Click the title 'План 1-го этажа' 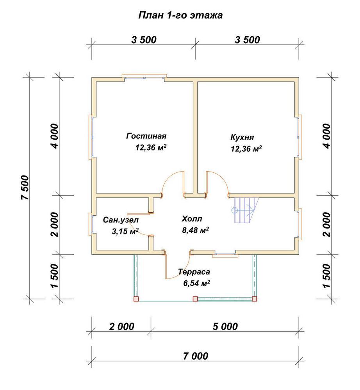coord(180,16)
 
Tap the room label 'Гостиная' coord(146,136)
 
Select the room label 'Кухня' coord(242,137)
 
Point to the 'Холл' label coord(192,219)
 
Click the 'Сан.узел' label coord(121,220)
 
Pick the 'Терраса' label coord(194,272)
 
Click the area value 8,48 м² coord(196,230)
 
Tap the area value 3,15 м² coord(125,231)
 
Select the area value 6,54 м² coord(196,283)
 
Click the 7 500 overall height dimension coord(25,188)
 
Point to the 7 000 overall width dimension coord(196,356)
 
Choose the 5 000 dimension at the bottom coord(225,326)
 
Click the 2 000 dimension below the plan coord(122,326)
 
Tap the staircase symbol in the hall coord(245,210)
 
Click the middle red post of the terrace coord(195,299)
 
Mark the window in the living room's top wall coord(144,76)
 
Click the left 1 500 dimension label coord(55,276)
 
